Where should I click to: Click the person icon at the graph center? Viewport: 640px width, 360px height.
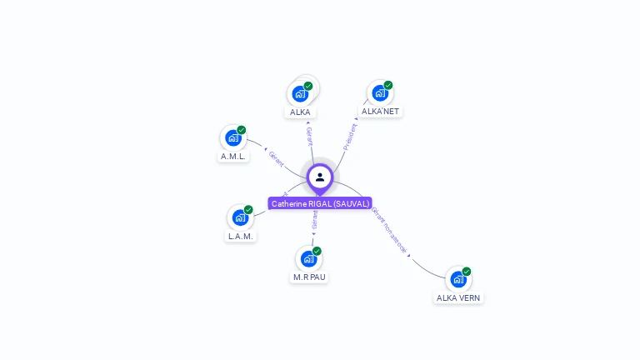click(x=320, y=177)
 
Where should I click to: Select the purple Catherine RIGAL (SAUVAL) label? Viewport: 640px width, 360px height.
click(x=320, y=203)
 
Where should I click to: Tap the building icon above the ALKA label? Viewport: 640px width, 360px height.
click(x=300, y=94)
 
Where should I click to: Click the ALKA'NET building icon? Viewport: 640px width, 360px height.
click(x=380, y=92)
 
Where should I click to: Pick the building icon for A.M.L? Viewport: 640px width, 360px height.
click(x=233, y=137)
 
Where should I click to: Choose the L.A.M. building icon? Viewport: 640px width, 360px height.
click(x=240, y=217)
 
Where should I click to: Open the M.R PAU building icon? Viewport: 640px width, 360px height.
click(x=308, y=258)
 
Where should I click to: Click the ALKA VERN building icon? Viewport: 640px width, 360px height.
click(x=457, y=279)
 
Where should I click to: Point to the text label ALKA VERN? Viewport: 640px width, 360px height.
click(x=458, y=297)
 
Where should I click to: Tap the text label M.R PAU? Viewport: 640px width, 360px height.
click(x=309, y=277)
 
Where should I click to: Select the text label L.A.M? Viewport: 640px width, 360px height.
click(x=241, y=236)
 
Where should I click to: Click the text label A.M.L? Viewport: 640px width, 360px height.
click(x=233, y=156)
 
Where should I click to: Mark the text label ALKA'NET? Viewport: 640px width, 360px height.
click(x=380, y=111)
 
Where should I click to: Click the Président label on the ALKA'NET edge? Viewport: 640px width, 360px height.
click(x=351, y=137)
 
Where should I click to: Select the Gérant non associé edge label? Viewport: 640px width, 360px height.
click(x=390, y=231)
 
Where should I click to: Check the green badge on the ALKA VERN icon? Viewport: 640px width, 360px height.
click(x=467, y=271)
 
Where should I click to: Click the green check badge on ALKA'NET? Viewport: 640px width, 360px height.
click(x=388, y=85)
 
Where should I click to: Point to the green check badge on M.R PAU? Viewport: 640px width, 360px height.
click(x=317, y=251)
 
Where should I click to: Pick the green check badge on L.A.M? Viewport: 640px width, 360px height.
click(x=248, y=210)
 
